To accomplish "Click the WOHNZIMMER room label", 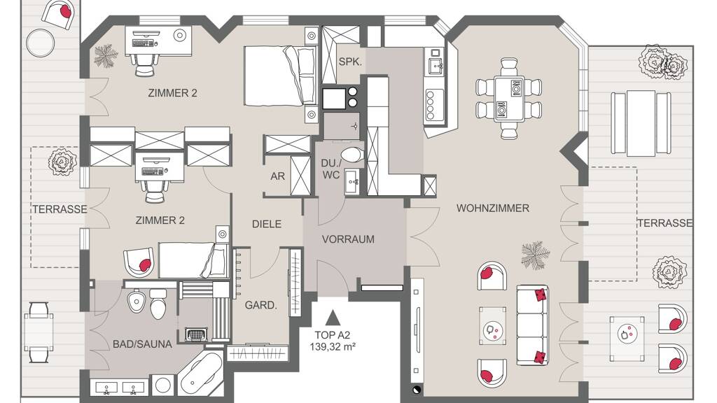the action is [492, 208].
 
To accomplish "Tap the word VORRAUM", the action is [348, 239].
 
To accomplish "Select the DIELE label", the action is [267, 225].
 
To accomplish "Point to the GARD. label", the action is [261, 306].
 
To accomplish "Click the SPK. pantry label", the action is [350, 62].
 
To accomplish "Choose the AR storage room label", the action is [277, 176].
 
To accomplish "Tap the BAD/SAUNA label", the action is [142, 344].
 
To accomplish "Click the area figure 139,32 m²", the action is [333, 347].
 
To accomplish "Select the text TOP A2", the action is [333, 335].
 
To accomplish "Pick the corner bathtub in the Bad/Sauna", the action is [201, 374].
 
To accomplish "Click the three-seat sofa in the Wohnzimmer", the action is [532, 325].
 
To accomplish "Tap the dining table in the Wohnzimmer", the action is [509, 99].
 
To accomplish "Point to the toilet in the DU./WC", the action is [351, 155].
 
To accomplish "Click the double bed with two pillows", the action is [280, 76].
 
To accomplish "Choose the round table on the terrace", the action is [40, 43].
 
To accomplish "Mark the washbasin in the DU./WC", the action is [353, 182].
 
